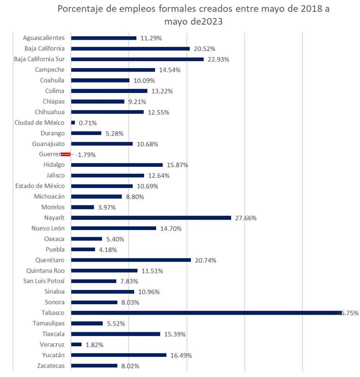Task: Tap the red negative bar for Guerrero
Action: click(66, 154)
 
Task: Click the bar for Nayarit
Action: click(151, 218)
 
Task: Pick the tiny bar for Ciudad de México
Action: click(73, 123)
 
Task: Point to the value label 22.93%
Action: click(219, 59)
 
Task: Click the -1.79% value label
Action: click(86, 155)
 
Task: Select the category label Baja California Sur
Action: click(39, 59)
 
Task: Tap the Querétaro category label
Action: click(50, 260)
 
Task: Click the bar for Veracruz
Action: click(76, 345)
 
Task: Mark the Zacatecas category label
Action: click(51, 366)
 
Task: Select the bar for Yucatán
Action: click(119, 355)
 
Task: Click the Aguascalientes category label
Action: click(44, 38)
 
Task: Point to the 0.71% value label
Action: click(88, 123)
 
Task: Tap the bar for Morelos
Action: click(82, 207)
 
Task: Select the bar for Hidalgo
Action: click(117, 165)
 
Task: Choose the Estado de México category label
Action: click(40, 186)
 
